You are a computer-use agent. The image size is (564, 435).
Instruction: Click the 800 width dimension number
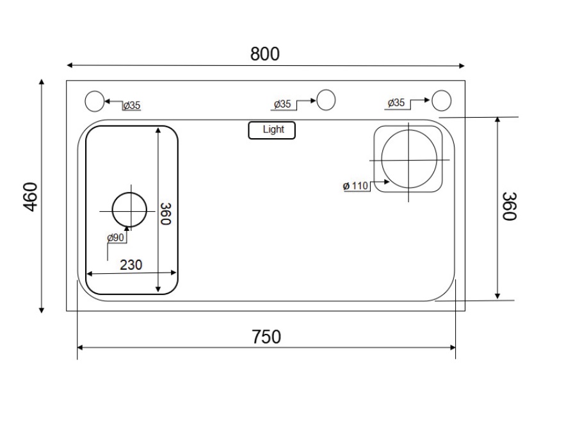(265, 54)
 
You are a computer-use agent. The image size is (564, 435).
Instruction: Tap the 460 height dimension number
(31, 196)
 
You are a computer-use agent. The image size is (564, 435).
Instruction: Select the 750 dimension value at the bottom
(266, 337)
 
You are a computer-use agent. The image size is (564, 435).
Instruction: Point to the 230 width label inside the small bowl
(131, 265)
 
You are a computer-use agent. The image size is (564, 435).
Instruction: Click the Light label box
(272, 130)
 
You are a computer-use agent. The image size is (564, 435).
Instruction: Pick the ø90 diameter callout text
(115, 237)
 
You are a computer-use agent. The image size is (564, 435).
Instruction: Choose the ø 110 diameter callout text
(355, 186)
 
